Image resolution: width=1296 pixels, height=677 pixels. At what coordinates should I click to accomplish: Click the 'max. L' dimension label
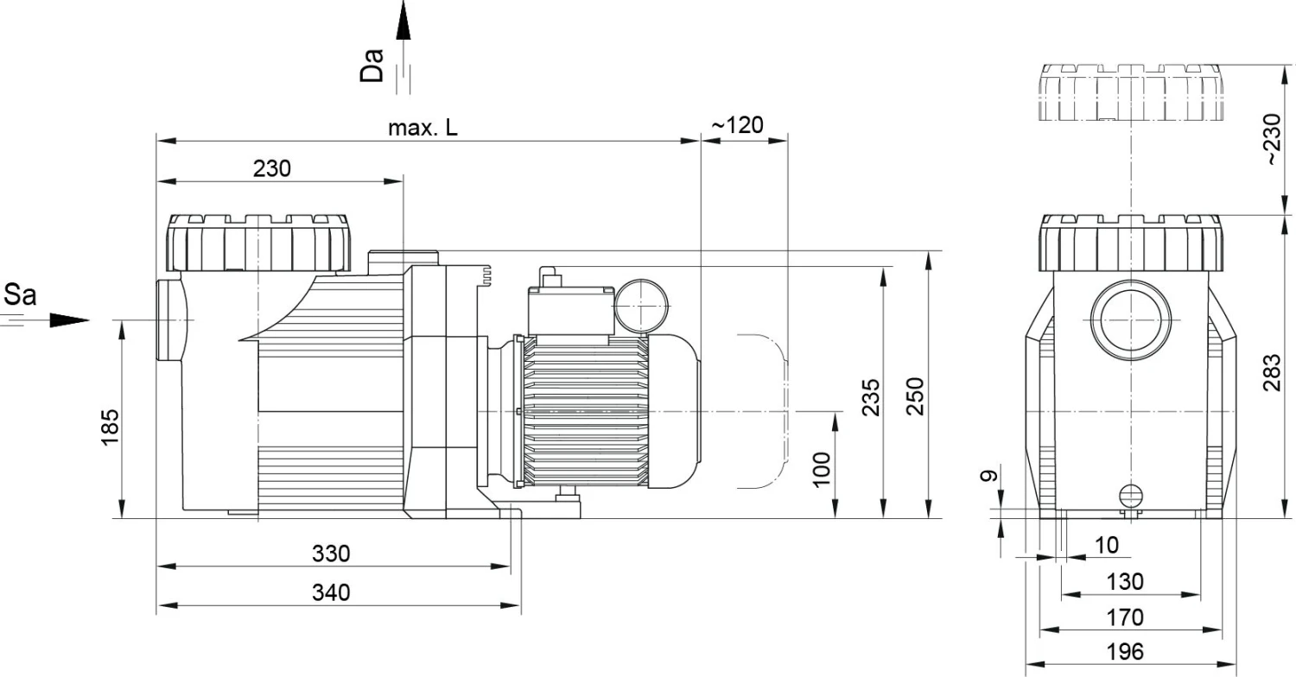422,129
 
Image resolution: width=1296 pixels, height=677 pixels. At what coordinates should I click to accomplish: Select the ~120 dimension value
737,125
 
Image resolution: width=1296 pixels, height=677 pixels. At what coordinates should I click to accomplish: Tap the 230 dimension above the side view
271,168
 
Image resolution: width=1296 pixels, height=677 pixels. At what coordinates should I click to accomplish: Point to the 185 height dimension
110,424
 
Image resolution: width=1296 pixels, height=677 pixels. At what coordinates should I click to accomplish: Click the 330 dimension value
331,554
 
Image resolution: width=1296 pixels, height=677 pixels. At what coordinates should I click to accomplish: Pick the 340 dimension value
331,593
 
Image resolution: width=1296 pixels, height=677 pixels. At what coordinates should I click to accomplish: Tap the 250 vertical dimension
916,396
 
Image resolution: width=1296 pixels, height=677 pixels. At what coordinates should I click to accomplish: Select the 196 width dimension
1125,650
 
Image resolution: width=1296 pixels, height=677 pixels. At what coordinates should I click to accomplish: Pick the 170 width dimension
1125,617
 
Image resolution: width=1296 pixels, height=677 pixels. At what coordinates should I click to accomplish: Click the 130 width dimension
1125,581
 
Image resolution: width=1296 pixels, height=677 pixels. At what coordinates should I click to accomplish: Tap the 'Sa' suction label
21,296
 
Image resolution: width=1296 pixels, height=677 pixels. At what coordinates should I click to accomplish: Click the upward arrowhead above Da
403,22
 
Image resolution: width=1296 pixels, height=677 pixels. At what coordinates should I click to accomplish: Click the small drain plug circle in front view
1130,495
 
